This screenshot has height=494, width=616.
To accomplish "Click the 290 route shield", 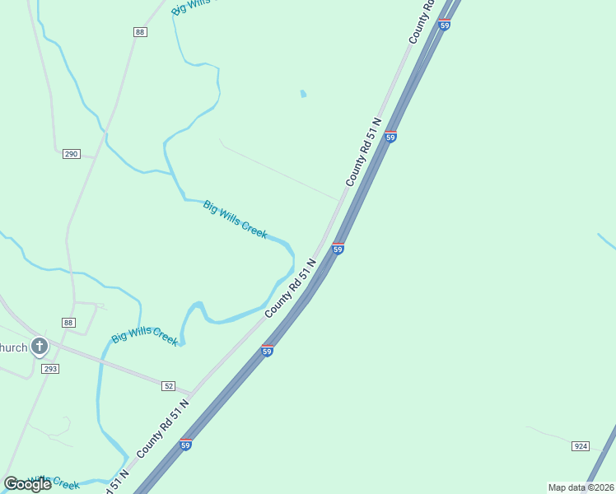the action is pos(71,154).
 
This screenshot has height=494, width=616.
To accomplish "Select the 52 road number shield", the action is pos(169,385).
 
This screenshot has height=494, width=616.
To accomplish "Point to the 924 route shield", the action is pos(581,445).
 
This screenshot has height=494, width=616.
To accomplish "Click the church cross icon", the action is pos(39,347).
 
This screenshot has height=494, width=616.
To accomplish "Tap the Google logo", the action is pos(27,484).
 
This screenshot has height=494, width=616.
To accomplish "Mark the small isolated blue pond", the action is pos(303,94).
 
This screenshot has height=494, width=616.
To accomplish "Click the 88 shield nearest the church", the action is pos(68,322).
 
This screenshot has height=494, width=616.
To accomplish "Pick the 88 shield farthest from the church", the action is pos(140,31).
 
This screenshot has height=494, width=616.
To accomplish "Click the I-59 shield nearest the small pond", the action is pos(390,137).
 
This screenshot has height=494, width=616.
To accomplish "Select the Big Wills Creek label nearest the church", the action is pos(144,338).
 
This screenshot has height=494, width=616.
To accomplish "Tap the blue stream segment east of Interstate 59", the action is pos(606,241).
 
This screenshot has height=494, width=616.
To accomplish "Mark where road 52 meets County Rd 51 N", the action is pos(192,393).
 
